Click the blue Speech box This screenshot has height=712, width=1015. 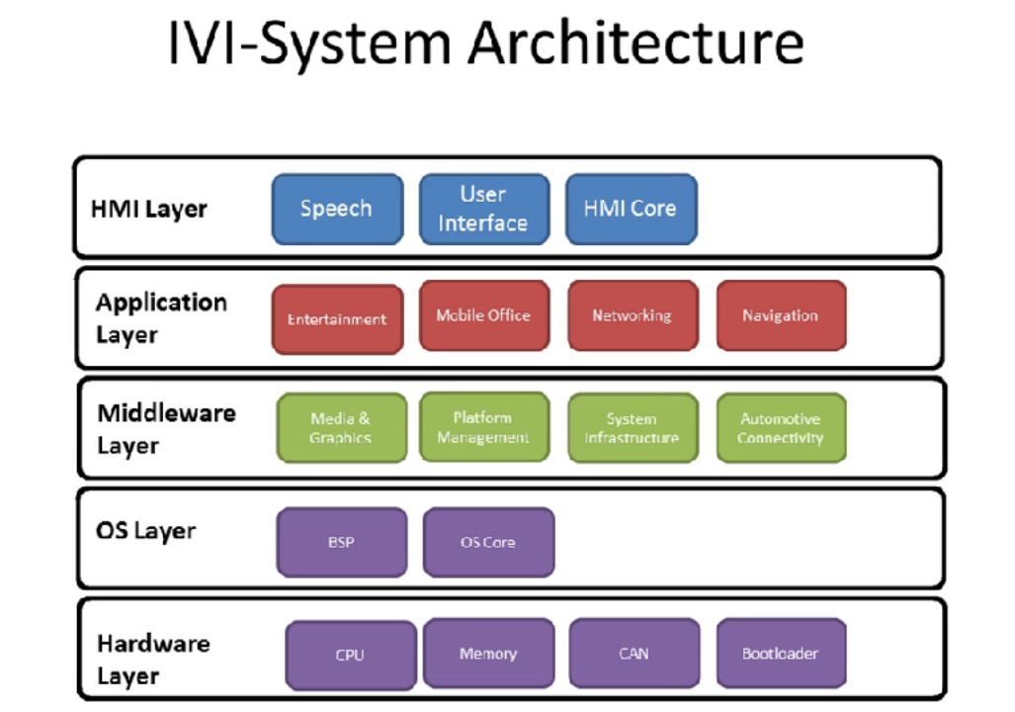(337, 209)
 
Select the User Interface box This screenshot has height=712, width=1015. (483, 209)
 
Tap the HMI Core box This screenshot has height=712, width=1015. (631, 209)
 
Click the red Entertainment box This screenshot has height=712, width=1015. (337, 319)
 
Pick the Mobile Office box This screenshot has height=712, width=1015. (483, 315)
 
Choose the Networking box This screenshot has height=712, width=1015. (632, 315)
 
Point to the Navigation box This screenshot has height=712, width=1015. (781, 315)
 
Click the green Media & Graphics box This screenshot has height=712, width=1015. (341, 428)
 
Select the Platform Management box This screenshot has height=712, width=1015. (483, 427)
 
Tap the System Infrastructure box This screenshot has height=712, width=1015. (632, 428)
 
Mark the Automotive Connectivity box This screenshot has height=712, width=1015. (780, 428)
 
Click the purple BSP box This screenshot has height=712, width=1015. (342, 542)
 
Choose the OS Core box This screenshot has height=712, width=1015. (488, 542)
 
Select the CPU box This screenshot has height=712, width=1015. (350, 655)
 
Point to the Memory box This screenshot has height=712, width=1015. (488, 654)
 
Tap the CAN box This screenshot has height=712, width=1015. (634, 654)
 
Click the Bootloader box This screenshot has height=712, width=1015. (780, 654)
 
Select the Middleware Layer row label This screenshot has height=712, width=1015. (165, 428)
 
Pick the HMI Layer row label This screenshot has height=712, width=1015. (149, 209)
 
